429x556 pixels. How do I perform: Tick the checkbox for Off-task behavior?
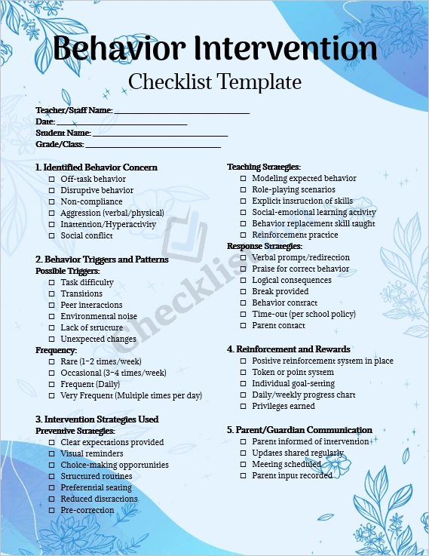click(51, 179)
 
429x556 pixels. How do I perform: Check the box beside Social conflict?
click(51, 235)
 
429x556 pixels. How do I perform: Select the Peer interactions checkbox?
click(51, 305)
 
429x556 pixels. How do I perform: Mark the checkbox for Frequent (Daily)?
click(51, 384)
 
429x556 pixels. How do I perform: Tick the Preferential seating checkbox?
click(51, 487)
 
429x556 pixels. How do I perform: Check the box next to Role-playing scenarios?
click(243, 189)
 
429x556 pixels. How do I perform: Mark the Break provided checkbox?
click(243, 291)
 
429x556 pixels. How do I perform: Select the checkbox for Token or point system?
click(243, 372)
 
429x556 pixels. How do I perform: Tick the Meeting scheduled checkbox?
click(243, 464)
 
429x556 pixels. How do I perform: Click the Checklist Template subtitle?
click(215, 81)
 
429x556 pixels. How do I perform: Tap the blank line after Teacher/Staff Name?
click(181, 111)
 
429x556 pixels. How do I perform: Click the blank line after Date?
click(121, 122)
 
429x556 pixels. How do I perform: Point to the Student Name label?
click(63, 133)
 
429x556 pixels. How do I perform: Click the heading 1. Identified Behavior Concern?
click(97, 167)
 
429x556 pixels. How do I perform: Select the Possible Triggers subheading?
click(68, 271)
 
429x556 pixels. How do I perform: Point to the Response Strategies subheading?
click(265, 246)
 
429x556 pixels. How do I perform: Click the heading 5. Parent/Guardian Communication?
click(299, 430)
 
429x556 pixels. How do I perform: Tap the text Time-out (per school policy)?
click(304, 314)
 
